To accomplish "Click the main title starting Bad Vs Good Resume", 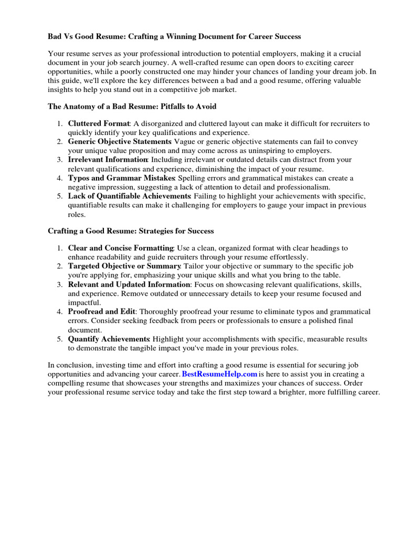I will tap(174, 37).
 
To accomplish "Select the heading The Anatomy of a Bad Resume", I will tap(132, 106).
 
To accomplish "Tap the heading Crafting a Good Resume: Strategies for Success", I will tap(131, 231).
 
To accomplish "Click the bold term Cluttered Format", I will tap(99, 123).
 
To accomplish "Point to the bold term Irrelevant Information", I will tap(108, 159).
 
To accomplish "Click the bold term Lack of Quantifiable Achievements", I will tap(130, 196).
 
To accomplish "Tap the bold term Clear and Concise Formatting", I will tap(121, 248).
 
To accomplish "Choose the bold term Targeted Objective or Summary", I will tap(124, 266).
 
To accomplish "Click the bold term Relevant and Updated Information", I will tap(129, 284).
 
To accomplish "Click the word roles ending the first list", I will tap(77, 214).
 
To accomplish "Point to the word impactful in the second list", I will tap(84, 303).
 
